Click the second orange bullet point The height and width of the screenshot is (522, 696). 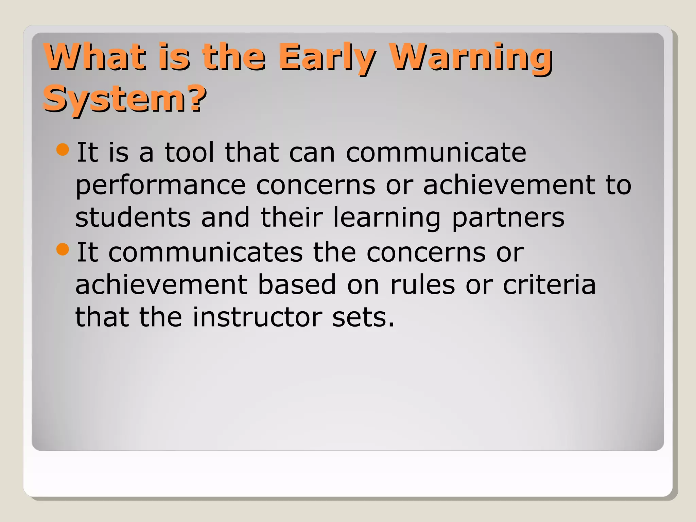point(63,249)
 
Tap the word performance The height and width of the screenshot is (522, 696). point(160,186)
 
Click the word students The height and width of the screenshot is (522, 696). point(133,217)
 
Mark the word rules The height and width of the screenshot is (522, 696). point(422,285)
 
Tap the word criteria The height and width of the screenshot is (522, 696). point(549,285)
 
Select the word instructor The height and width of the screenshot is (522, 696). point(257,317)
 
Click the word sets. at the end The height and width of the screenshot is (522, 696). point(363,317)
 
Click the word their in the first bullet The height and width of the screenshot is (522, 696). point(291,217)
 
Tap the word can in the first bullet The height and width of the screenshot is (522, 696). point(312,153)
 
